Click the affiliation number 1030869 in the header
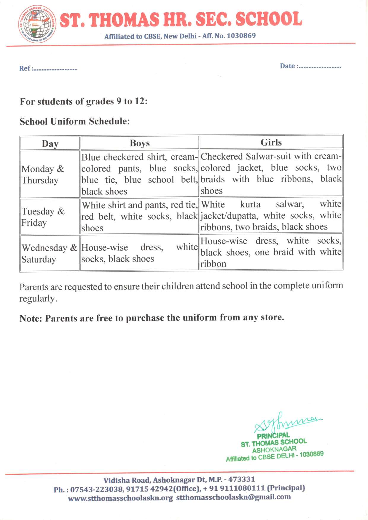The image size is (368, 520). pos(241,36)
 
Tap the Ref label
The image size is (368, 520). pos(25,68)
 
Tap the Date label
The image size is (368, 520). pos(287,66)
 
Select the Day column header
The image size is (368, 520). pos(50,144)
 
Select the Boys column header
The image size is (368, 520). pos(140,143)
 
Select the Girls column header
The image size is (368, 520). pos(271,143)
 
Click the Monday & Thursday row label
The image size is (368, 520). pos(43,175)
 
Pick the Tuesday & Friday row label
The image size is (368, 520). pos(43,217)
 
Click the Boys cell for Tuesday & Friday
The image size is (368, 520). pos(139,217)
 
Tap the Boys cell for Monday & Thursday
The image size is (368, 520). pos(139,174)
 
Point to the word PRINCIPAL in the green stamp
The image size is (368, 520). pos(273,436)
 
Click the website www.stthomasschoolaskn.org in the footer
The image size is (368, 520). pos(120,498)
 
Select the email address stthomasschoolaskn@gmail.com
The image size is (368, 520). pos(233,497)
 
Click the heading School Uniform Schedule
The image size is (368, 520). pos(74,121)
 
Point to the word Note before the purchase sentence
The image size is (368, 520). pos(31,319)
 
